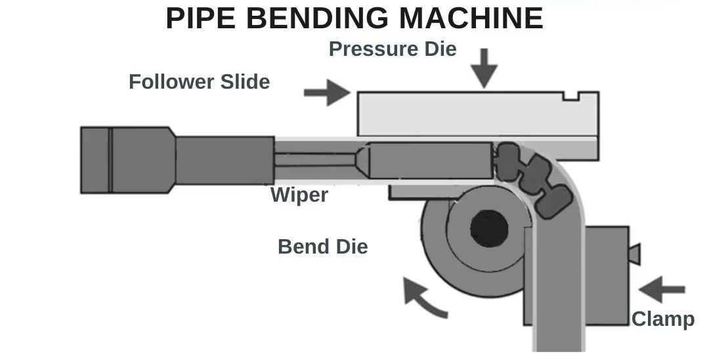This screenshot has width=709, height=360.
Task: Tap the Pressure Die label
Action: (x=392, y=49)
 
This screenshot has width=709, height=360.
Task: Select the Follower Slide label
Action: (x=199, y=82)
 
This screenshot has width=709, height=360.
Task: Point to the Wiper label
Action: (x=299, y=195)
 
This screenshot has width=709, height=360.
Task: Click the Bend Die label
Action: (x=322, y=247)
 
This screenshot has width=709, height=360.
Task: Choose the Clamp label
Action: (x=662, y=319)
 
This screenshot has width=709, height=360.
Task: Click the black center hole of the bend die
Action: (x=489, y=227)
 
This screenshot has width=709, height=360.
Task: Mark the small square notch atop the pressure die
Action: (x=571, y=97)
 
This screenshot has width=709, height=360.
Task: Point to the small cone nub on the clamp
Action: (x=634, y=253)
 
